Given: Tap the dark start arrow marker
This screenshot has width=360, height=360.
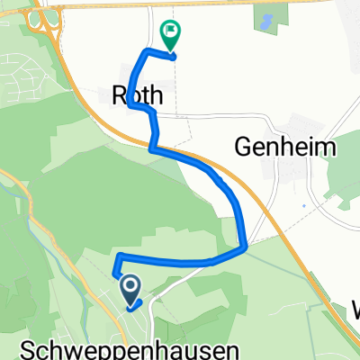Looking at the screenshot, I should [130, 290].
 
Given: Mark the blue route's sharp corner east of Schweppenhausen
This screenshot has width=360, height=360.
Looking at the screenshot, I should [245, 247].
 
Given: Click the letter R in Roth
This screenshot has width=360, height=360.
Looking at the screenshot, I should [117, 92].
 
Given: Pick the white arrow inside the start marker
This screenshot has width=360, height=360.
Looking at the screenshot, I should [130, 287].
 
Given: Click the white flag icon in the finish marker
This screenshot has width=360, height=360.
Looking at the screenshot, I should [170, 32].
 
